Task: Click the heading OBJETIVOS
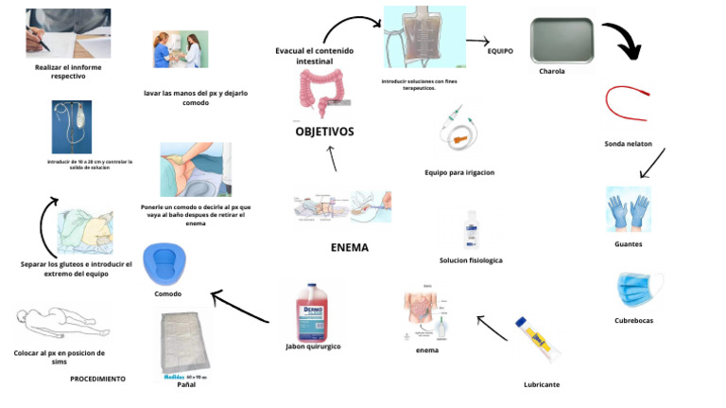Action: [x=324, y=132]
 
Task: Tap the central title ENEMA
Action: [x=349, y=247]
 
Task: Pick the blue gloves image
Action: [x=628, y=209]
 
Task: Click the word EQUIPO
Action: [x=500, y=51]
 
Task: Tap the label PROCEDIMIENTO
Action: [x=97, y=378]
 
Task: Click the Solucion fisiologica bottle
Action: [x=471, y=231]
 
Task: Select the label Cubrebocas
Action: [x=633, y=320]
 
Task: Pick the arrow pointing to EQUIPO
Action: [x=477, y=42]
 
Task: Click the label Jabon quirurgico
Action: [x=313, y=346]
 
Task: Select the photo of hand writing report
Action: [x=67, y=33]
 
